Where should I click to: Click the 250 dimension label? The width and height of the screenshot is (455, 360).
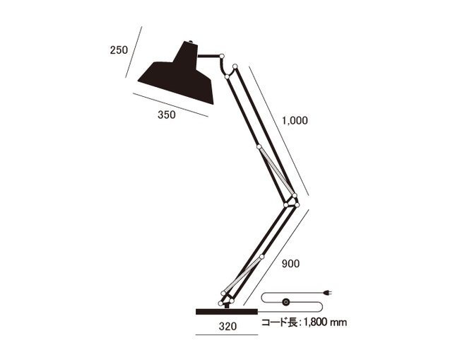(x=119, y=50)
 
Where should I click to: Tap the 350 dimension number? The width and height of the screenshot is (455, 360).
(x=167, y=115)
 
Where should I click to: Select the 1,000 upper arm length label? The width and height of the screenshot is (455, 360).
(x=295, y=120)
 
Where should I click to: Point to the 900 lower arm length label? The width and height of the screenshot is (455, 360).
(x=290, y=264)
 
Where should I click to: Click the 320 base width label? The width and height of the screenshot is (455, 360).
(x=227, y=326)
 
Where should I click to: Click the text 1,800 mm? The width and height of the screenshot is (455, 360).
(x=325, y=323)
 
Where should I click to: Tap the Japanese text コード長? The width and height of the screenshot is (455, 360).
(x=279, y=323)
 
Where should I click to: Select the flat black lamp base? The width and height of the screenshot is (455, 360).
(x=227, y=311)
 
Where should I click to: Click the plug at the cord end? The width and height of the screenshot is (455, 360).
(x=329, y=293)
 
